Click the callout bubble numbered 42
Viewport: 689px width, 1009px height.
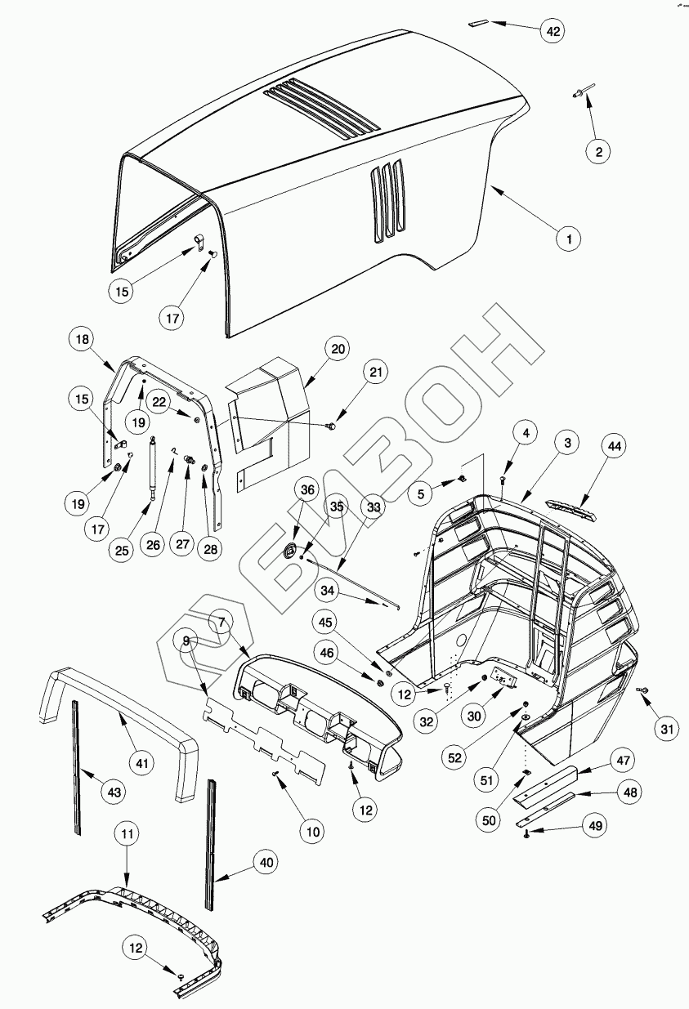[553, 31]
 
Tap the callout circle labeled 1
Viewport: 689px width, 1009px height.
[569, 239]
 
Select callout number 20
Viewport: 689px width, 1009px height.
[338, 348]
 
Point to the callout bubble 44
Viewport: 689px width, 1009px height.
[614, 446]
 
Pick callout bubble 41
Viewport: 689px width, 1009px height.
[144, 763]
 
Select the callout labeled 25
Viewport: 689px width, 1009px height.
[122, 550]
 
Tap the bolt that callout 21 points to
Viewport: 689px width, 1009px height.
[332, 425]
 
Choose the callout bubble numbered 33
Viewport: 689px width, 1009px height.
[373, 507]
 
